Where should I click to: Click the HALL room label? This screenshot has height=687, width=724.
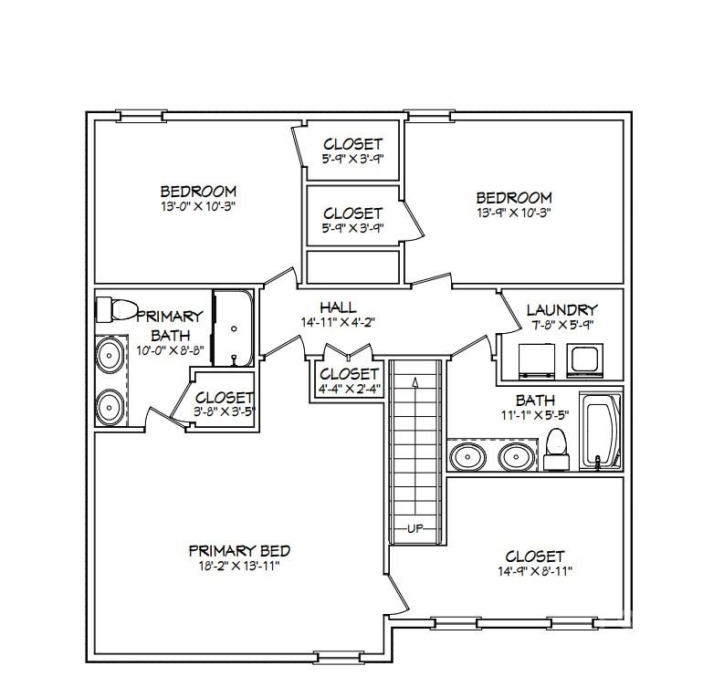[338, 307]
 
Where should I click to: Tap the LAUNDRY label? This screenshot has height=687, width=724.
[561, 309]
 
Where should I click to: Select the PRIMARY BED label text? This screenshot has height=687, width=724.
[239, 550]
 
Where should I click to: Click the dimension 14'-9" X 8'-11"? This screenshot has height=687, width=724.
[535, 571]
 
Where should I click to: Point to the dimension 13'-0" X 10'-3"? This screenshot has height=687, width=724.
[198, 206]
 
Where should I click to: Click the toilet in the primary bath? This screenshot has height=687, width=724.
[116, 309]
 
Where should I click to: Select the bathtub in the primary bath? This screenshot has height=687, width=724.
[233, 328]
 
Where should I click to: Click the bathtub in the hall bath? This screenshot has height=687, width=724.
[601, 432]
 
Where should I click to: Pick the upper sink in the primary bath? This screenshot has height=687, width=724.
[110, 356]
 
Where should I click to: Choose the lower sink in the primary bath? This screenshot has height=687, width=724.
[110, 408]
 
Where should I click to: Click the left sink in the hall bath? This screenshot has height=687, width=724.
[467, 457]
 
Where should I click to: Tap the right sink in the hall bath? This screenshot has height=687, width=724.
[517, 457]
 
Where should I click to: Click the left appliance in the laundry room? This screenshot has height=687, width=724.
[537, 361]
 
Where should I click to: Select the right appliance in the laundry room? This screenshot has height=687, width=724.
[585, 360]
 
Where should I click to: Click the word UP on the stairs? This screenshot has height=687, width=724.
[415, 529]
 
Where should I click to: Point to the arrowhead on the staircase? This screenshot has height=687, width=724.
[415, 382]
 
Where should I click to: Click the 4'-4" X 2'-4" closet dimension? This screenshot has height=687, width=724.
[349, 389]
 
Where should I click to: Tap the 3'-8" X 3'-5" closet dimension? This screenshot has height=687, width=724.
[225, 411]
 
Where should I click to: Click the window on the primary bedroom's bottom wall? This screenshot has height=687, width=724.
[338, 657]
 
